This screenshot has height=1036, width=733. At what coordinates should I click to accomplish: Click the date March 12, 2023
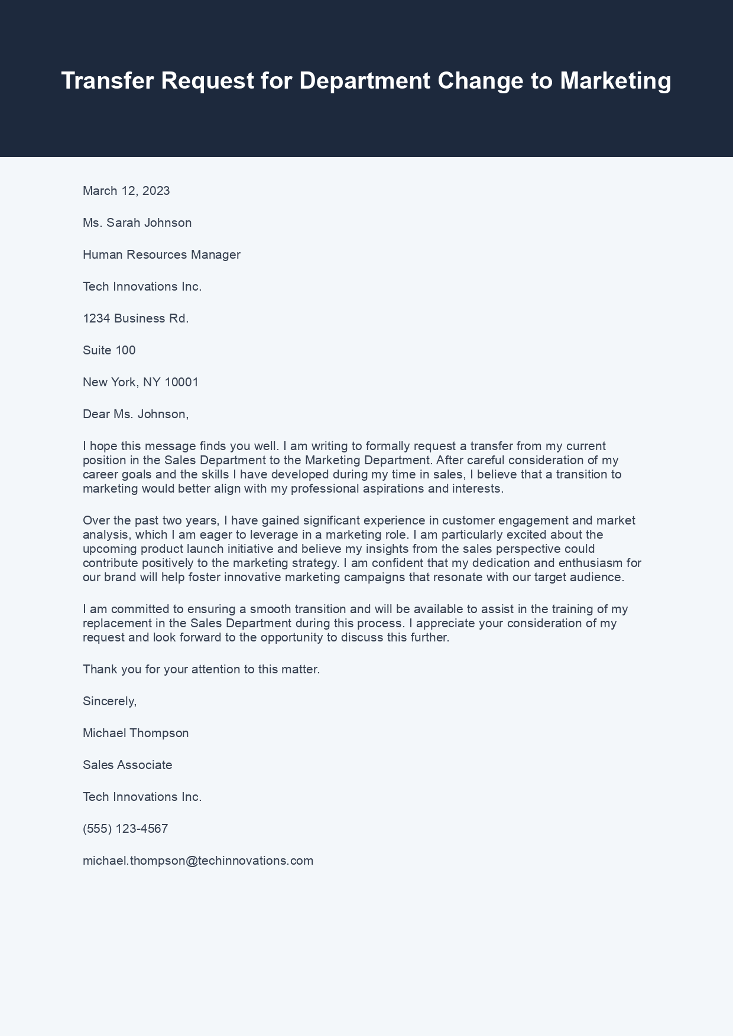[x=126, y=191]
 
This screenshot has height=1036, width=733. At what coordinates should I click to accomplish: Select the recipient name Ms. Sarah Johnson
[x=137, y=223]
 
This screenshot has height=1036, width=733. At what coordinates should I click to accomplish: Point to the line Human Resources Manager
[x=161, y=255]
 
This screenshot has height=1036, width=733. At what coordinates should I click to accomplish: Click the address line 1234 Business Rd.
[x=135, y=318]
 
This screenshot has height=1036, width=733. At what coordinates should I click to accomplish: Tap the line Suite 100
[x=109, y=350]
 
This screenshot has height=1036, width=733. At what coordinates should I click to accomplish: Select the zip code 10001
[x=181, y=382]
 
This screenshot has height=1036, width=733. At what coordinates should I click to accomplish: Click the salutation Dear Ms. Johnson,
[x=135, y=414]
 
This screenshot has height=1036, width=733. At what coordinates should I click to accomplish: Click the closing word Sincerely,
[x=109, y=701]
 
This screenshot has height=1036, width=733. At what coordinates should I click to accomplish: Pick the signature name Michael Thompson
[x=135, y=733]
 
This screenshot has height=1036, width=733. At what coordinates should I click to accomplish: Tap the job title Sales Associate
[x=127, y=765]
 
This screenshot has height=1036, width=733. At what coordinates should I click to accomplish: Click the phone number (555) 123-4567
[x=125, y=829]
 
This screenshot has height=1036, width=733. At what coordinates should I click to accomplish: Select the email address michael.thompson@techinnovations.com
[x=198, y=861]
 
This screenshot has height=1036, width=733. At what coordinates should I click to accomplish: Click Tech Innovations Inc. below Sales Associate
[x=142, y=797]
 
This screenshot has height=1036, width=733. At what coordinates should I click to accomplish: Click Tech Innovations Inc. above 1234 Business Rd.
[x=142, y=286]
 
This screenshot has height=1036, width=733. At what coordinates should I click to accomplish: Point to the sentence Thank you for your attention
[x=201, y=669]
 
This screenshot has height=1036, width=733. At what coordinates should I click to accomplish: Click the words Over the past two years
[x=151, y=520]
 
